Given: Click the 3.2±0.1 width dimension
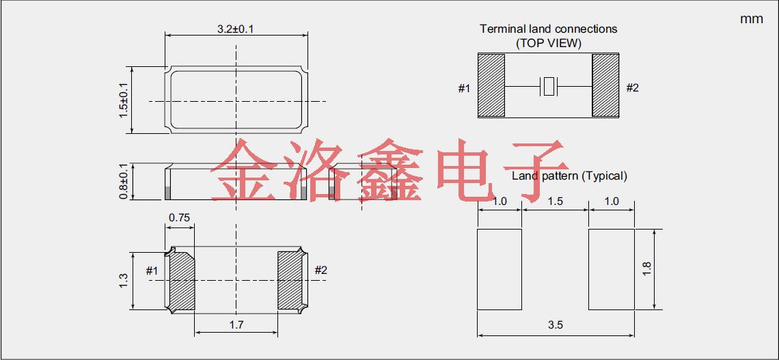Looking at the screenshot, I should [236, 29].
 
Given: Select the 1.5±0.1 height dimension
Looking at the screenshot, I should [124, 99].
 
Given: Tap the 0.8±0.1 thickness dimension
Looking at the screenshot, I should [124, 182].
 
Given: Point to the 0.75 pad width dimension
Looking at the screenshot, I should [179, 218].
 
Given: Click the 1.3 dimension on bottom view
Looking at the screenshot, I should [123, 280].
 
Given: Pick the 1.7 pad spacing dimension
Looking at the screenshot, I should [236, 325].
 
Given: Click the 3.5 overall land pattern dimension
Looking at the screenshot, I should [556, 325].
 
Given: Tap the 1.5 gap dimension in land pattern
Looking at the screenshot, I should [556, 201].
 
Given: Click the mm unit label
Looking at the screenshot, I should [751, 19].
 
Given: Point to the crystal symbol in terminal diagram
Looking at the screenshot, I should [549, 87].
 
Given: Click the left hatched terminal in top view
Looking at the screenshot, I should [491, 85].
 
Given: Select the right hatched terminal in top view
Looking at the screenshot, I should [605, 85].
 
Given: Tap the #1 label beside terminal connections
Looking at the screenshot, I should [464, 88].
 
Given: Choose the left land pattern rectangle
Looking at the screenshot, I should [500, 269].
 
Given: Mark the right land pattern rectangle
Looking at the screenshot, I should [612, 269].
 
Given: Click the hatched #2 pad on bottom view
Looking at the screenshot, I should [290, 280].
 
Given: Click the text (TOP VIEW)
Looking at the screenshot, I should [548, 43].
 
